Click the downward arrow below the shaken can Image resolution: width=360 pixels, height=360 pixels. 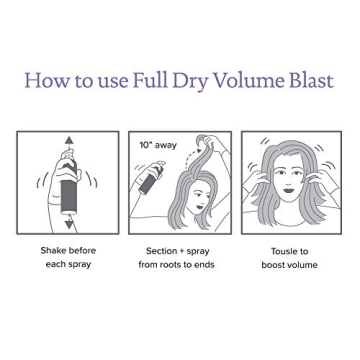click(x=69, y=224)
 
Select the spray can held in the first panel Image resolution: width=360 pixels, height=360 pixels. click(x=70, y=183)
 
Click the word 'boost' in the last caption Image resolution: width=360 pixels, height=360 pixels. click(x=273, y=266)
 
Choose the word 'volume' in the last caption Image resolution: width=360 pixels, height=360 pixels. click(x=302, y=266)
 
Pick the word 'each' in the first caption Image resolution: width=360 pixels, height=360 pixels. click(x=56, y=266)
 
